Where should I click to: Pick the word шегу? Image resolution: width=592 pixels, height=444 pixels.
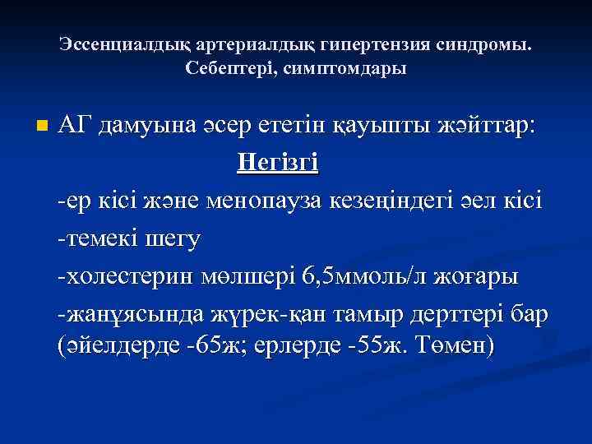tap(176, 240)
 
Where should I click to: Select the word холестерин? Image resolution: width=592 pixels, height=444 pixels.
tap(127, 277)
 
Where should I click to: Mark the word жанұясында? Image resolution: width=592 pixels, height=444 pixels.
tap(123, 316)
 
